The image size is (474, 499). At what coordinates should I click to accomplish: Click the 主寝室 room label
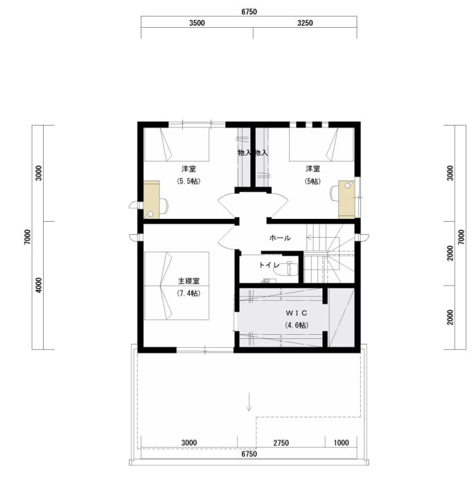click(x=188, y=281)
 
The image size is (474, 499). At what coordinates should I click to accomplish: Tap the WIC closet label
click(x=297, y=313)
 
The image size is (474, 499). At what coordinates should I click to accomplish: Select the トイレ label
click(x=269, y=265)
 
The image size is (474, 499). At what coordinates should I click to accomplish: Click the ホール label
click(x=280, y=238)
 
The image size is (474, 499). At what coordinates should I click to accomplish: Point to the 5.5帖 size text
click(x=188, y=181)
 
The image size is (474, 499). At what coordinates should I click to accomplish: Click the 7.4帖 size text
click(x=188, y=293)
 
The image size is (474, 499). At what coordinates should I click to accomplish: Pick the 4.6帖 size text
click(x=297, y=325)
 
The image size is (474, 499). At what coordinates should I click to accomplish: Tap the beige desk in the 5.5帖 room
click(x=152, y=200)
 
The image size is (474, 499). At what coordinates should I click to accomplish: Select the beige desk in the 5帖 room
click(x=346, y=200)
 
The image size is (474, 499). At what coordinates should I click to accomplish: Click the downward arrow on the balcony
click(x=249, y=402)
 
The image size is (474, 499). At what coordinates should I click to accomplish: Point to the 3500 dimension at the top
click(x=197, y=23)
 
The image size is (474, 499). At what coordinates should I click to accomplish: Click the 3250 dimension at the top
click(x=305, y=23)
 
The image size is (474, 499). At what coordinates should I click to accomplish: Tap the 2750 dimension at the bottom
click(x=281, y=443)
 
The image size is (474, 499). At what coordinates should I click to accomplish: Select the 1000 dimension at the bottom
click(x=341, y=443)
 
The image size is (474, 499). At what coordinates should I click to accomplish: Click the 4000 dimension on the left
click(x=39, y=285)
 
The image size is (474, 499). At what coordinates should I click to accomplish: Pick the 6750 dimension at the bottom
click(x=249, y=454)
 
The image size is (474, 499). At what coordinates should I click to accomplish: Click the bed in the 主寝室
click(x=177, y=286)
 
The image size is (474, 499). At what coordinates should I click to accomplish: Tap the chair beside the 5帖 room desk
click(x=335, y=193)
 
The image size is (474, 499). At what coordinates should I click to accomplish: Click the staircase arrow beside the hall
click(x=317, y=238)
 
